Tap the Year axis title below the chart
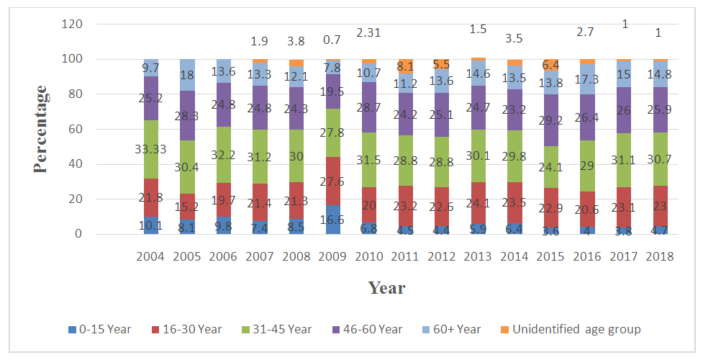coord(386,288)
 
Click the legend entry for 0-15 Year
coord(100,329)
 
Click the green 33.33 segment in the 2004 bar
coord(151,149)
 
